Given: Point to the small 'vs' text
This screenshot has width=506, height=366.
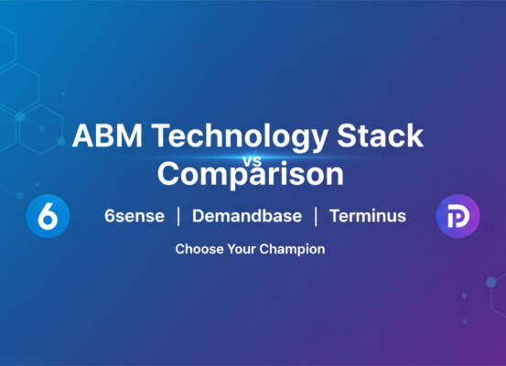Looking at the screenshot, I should click(x=253, y=157).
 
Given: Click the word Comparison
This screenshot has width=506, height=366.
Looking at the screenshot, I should click(x=253, y=172).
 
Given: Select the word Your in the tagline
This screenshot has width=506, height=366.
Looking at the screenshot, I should click(x=238, y=249).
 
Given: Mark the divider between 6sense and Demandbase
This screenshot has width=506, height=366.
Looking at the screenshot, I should click(x=177, y=218).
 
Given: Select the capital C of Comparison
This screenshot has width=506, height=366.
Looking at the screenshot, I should click(x=168, y=172).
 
